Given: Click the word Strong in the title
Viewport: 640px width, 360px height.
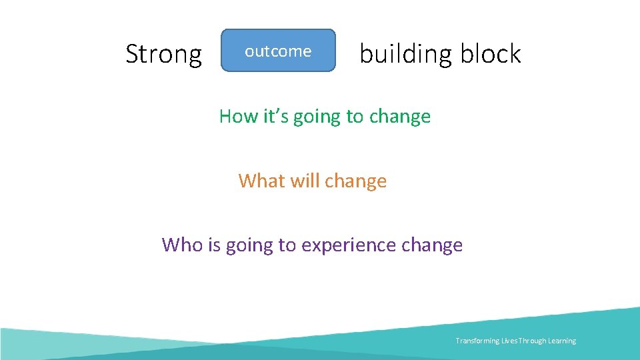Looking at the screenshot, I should tap(163, 54).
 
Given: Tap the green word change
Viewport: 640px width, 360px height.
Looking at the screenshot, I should tap(399, 117).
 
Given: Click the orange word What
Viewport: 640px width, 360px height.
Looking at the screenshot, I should tap(260, 181).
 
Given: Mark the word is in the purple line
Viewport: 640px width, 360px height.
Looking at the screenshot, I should tap(213, 245).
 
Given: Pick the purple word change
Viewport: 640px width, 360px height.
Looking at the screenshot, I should tap(432, 246).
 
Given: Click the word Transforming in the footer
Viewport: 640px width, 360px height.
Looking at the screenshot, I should tap(477, 341).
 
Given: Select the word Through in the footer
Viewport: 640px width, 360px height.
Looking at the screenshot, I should tap(529, 341).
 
